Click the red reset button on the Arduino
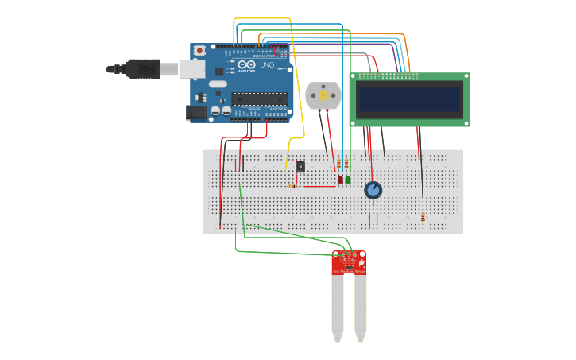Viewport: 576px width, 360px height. pyautogui.click(x=199, y=51)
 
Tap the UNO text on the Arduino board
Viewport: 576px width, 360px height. pyautogui.click(x=266, y=64)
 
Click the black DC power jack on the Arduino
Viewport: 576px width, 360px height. pyautogui.click(x=196, y=113)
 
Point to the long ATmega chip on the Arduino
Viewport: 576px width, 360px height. pyautogui.click(x=259, y=99)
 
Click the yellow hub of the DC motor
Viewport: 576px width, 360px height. pyautogui.click(x=323, y=95)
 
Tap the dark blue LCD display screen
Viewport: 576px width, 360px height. pyautogui.click(x=409, y=99)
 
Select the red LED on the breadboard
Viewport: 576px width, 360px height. pyautogui.click(x=340, y=180)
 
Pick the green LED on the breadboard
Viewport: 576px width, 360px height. pyautogui.click(x=348, y=180)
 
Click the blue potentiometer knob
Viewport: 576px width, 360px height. pyautogui.click(x=373, y=190)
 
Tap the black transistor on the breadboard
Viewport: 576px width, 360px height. pyautogui.click(x=300, y=165)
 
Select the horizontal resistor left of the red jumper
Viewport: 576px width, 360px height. pyautogui.click(x=293, y=187)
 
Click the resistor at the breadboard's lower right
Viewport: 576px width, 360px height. pyautogui.click(x=423, y=216)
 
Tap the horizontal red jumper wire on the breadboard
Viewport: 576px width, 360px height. pyautogui.click(x=319, y=187)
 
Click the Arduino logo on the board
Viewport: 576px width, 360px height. pyautogui.click(x=246, y=64)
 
